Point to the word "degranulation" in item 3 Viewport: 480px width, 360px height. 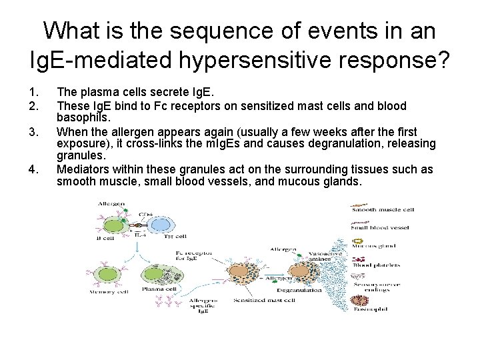pyautogui.click(x=342, y=144)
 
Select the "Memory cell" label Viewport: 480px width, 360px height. pyautogui.click(x=107, y=290)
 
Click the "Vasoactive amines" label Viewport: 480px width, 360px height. pyautogui.click(x=325, y=257)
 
